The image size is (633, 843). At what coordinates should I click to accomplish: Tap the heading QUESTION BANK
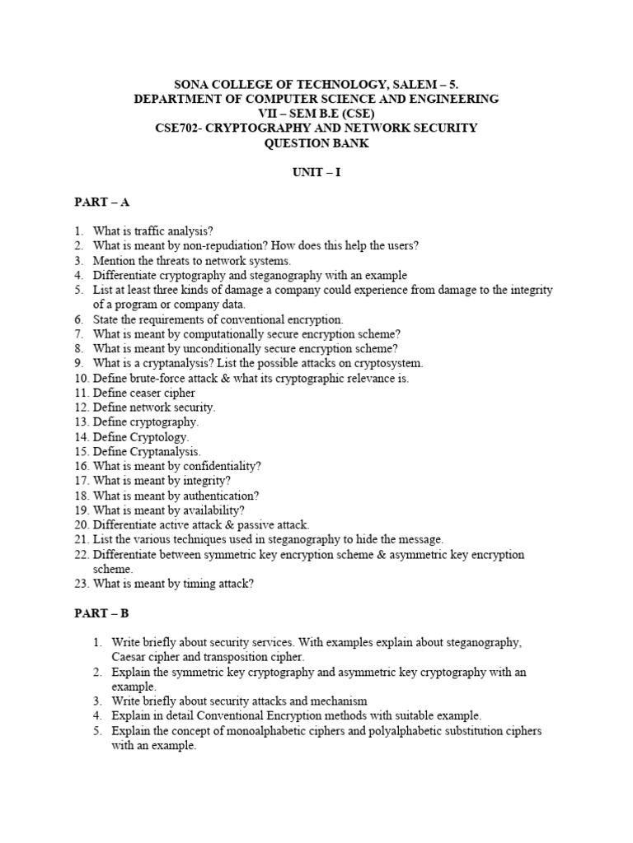coord(316,142)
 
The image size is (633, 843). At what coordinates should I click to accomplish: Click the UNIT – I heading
coord(316,172)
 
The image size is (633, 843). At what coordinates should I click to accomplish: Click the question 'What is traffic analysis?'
coord(153,231)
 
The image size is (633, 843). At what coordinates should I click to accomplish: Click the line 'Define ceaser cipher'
coord(143,393)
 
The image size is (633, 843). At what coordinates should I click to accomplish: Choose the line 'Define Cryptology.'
coord(141,437)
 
